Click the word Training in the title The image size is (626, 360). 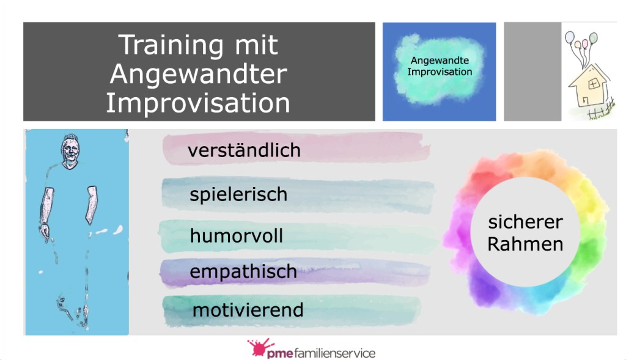[171, 45]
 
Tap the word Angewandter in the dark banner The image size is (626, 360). [199, 74]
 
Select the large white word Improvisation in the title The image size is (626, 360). [197, 103]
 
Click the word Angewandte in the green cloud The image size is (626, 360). [440, 61]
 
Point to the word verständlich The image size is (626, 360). [244, 150]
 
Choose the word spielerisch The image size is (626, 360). [238, 195]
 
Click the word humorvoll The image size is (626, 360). [237, 235]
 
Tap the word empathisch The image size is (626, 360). [243, 272]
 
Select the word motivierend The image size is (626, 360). [248, 310]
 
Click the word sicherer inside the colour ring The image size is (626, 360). [525, 222]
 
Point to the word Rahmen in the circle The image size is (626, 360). [525, 244]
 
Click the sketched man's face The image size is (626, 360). [70, 150]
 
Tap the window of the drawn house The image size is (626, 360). [594, 84]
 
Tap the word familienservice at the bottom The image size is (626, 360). [334, 353]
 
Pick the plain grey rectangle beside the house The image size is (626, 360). [532, 72]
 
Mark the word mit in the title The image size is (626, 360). [256, 45]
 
